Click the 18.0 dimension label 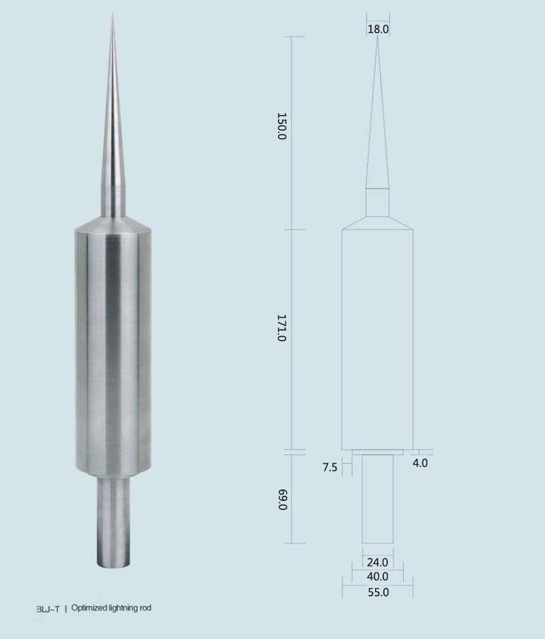pos(378,29)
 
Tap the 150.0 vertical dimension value pos(282,127)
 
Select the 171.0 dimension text pos(282,328)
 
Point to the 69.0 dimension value pos(282,500)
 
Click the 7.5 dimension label pos(330,467)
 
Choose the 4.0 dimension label pos(420,463)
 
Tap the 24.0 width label pos(377,562)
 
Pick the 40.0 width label pos(377,576)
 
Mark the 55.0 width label pos(378,592)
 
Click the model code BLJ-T pos(48,610)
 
